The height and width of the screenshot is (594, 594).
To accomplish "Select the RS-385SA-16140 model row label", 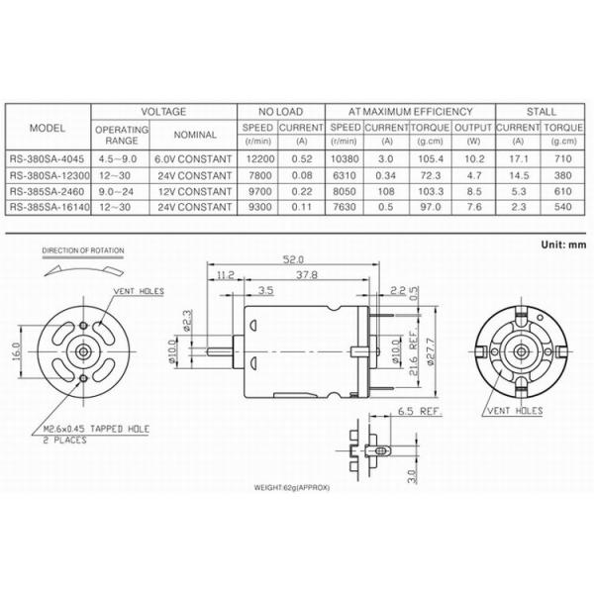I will point(48,208).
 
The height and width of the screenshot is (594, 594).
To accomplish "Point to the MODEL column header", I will point(48,129).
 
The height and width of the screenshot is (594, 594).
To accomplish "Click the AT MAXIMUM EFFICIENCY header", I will point(410,112).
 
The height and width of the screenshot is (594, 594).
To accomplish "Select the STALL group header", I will point(543,112).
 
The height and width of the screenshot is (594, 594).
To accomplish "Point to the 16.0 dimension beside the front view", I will point(16,352).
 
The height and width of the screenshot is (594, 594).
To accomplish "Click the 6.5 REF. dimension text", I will point(419,409).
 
